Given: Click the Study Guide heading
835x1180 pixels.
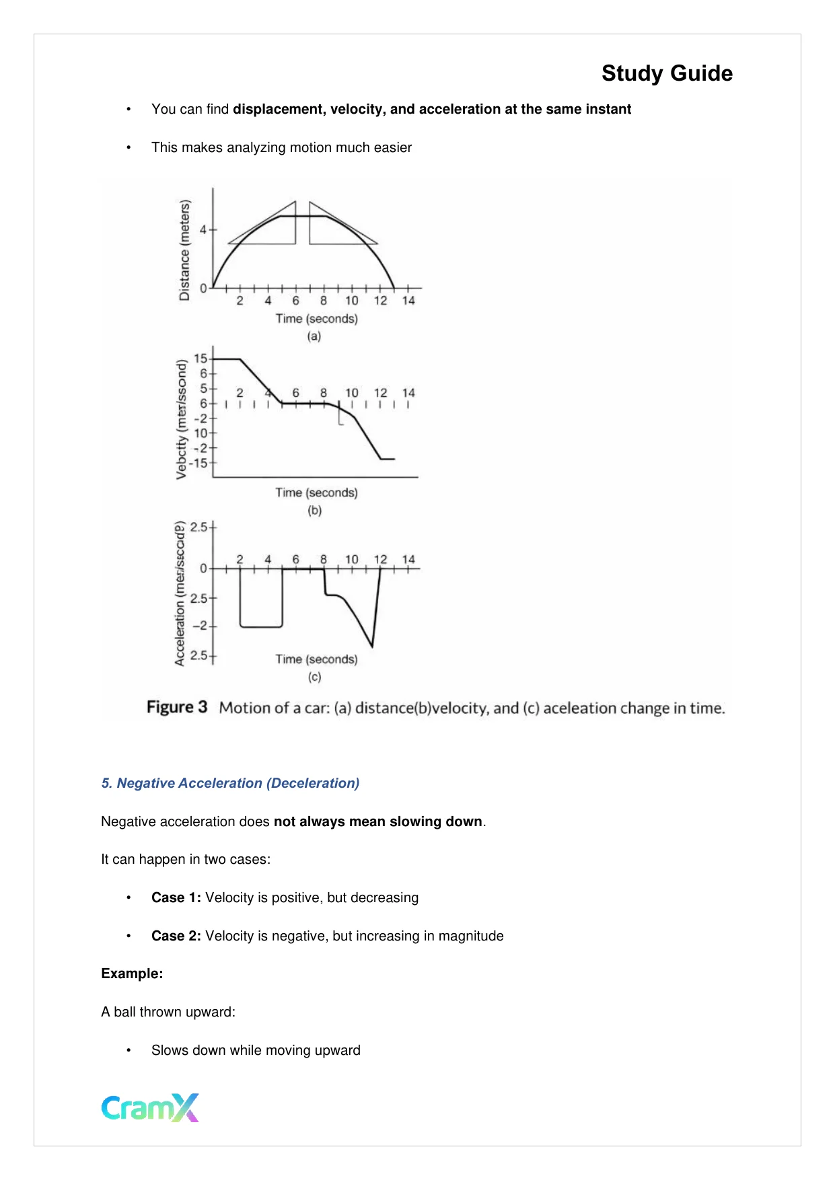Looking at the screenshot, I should [x=666, y=73].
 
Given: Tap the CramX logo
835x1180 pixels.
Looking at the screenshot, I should [x=150, y=1107].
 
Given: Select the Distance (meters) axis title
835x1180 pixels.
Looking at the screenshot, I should [x=184, y=250].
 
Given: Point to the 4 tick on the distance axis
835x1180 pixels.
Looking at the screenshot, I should [x=203, y=230].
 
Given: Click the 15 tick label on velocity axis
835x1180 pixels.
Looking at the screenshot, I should [x=201, y=359].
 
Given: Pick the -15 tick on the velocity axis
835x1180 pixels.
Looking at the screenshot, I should [x=198, y=463].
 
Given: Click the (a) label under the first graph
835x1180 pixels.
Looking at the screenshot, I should [x=314, y=336].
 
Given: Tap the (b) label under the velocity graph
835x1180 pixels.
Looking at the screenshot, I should [x=314, y=511].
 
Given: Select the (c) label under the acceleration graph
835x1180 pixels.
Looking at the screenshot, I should [x=314, y=677].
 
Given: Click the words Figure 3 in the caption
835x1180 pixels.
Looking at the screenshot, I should [x=177, y=708].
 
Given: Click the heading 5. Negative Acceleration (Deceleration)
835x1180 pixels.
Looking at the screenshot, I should [x=230, y=783].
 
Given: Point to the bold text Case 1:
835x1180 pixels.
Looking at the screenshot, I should [x=176, y=897].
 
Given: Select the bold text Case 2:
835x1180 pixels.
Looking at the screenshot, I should [x=176, y=936].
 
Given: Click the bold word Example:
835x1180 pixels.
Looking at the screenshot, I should [x=132, y=973].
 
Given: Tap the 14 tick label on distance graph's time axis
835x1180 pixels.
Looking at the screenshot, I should [x=408, y=301].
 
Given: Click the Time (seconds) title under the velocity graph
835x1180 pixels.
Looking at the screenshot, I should [x=316, y=492].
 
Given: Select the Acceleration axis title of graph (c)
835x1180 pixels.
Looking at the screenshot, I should [x=180, y=593].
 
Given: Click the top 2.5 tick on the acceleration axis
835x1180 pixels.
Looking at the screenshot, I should [x=198, y=527].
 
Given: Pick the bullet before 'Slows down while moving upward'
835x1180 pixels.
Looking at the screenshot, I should [x=128, y=1050].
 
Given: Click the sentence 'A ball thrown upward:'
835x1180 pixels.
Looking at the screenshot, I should [x=168, y=1012].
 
